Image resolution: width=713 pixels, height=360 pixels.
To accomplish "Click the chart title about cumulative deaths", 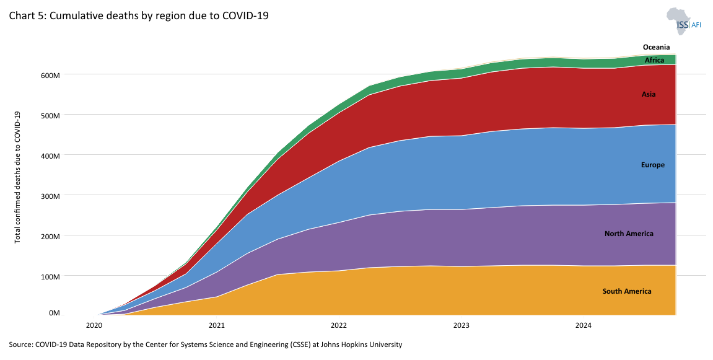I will (x=138, y=15).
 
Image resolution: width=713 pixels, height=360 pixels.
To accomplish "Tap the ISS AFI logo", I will (x=684, y=23).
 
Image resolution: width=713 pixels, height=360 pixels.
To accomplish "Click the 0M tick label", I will (x=54, y=314).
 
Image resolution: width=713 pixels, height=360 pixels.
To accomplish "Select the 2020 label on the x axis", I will (x=94, y=325).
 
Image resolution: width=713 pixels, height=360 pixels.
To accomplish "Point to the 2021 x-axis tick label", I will (x=217, y=325).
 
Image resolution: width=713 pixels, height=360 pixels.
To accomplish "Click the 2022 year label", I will (x=339, y=325).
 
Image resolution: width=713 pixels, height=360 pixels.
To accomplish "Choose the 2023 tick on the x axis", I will (x=461, y=325).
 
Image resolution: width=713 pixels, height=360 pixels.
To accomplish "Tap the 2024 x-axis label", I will (x=583, y=325).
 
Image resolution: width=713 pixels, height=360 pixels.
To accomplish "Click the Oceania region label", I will (x=656, y=47).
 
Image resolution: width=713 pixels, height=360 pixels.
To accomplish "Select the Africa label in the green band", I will (x=654, y=60).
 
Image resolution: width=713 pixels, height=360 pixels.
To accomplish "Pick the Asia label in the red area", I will (x=649, y=95).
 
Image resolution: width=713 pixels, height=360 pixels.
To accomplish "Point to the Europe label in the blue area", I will (x=653, y=165).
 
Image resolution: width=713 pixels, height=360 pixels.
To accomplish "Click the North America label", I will (x=629, y=234).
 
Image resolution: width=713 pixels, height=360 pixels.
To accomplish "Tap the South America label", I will (x=627, y=291).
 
